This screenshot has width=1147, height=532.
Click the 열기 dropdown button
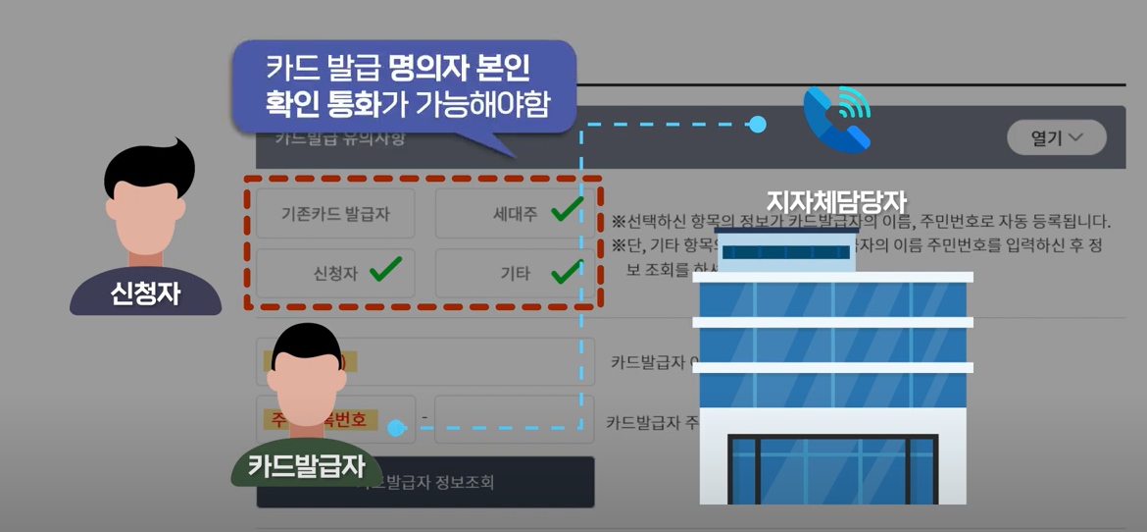pyautogui.click(x=1056, y=138)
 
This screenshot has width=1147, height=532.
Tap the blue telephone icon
pyautogui.click(x=836, y=119)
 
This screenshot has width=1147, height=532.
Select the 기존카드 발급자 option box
pyautogui.click(x=335, y=214)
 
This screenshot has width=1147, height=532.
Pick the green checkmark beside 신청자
pyautogui.click(x=385, y=268)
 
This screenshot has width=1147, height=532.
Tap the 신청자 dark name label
pyautogui.click(x=145, y=293)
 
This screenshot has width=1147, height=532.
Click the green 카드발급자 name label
pyautogui.click(x=306, y=464)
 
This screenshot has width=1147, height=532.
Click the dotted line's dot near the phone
pyautogui.click(x=757, y=125)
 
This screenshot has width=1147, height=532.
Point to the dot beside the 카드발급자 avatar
pyautogui.click(x=396, y=428)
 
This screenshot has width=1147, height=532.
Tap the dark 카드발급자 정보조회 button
pyautogui.click(x=425, y=482)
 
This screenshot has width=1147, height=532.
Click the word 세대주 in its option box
pyautogui.click(x=516, y=214)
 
